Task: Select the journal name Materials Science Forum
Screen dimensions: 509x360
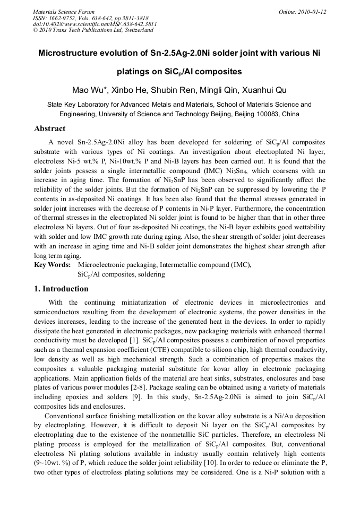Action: click(64, 12)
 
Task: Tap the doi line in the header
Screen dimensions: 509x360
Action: click(95, 24)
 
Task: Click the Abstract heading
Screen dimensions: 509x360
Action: click(50, 128)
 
